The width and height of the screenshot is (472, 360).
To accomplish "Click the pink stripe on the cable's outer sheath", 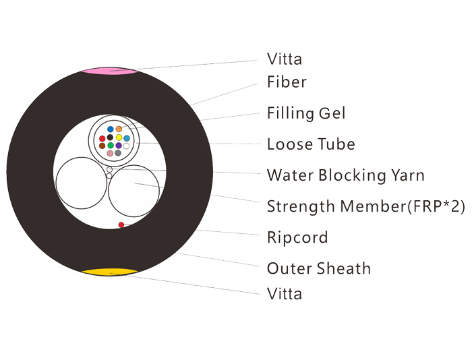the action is click(x=110, y=71).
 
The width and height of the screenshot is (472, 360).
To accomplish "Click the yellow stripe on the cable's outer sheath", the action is click(x=110, y=272).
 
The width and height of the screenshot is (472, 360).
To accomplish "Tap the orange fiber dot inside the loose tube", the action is click(x=119, y=129).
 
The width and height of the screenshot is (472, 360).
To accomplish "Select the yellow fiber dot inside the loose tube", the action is click(x=119, y=138).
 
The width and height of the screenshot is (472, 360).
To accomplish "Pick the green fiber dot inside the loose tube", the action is click(x=111, y=146).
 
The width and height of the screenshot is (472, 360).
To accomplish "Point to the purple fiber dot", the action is click(x=119, y=146).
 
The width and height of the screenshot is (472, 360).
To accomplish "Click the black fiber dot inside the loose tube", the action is click(x=110, y=138).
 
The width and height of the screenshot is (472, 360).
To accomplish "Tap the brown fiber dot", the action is click(x=102, y=146).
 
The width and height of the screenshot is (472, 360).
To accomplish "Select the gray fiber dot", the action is click(x=118, y=153).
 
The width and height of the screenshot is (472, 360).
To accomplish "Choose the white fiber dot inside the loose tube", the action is click(x=127, y=146).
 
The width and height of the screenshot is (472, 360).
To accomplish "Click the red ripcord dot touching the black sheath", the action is click(x=121, y=225).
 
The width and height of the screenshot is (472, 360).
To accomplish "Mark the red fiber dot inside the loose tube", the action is click(x=102, y=138).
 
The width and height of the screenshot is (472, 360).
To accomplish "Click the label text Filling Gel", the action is click(x=306, y=114).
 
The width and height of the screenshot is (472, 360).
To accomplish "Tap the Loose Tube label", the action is click(x=311, y=144).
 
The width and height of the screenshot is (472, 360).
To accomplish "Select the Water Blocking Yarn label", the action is click(x=345, y=175).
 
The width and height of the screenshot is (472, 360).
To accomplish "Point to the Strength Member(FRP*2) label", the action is click(x=365, y=207).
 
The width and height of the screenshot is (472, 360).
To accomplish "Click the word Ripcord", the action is click(x=297, y=238).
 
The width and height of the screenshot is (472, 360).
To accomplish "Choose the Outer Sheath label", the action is click(x=318, y=268).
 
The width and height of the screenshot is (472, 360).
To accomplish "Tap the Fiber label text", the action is click(x=287, y=82).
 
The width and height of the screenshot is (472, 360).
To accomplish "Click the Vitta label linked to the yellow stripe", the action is click(x=285, y=294).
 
